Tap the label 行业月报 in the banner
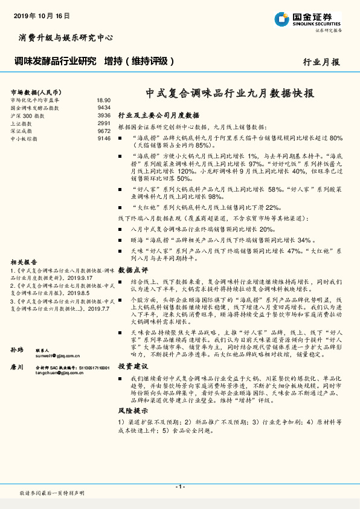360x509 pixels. (x=321, y=62)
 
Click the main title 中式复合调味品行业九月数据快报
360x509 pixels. (x=230, y=94)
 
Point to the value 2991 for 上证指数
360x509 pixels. (x=104, y=123)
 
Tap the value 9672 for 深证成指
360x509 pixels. (x=104, y=131)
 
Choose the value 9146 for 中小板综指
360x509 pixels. (x=104, y=138)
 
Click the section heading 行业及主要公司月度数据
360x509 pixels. (x=158, y=115)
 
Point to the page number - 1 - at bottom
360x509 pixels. (x=179, y=487)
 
